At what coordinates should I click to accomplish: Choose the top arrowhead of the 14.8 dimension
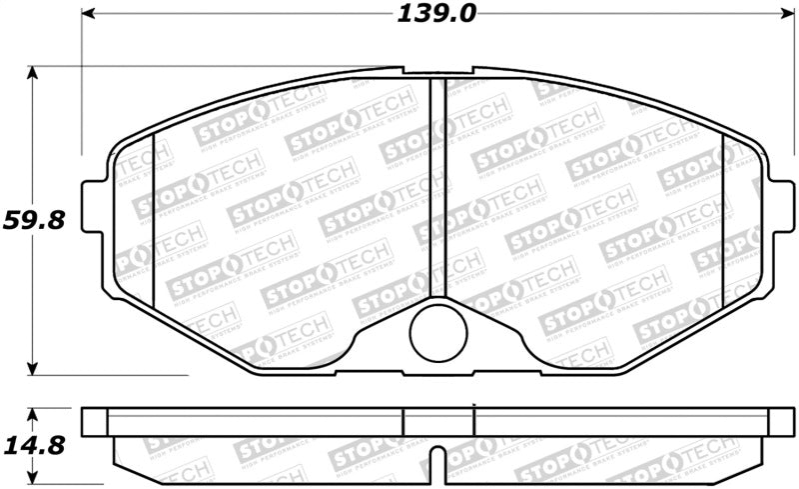pos(34,411)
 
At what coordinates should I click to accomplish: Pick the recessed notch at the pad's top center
pos(437,71)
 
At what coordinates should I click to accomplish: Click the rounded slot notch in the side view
pos(437,462)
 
